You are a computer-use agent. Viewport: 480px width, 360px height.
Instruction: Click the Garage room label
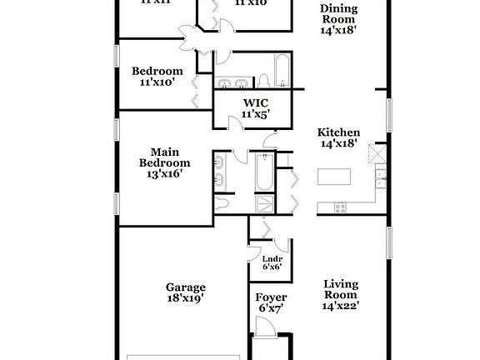click(184, 287)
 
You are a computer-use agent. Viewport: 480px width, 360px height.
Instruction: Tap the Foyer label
click(271, 297)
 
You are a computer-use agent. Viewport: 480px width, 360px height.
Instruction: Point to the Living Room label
click(340, 289)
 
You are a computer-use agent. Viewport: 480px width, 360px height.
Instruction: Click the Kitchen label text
click(338, 132)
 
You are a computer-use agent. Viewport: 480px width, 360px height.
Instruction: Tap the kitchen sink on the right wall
click(380, 176)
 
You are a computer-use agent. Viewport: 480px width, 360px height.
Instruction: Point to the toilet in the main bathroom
click(222, 203)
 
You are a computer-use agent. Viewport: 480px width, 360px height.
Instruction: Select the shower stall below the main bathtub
click(263, 205)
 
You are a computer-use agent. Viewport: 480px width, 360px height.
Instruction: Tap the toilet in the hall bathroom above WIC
click(262, 80)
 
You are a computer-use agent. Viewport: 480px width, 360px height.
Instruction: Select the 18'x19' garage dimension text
click(184, 297)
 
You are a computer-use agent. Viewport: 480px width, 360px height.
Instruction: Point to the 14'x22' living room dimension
click(340, 305)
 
